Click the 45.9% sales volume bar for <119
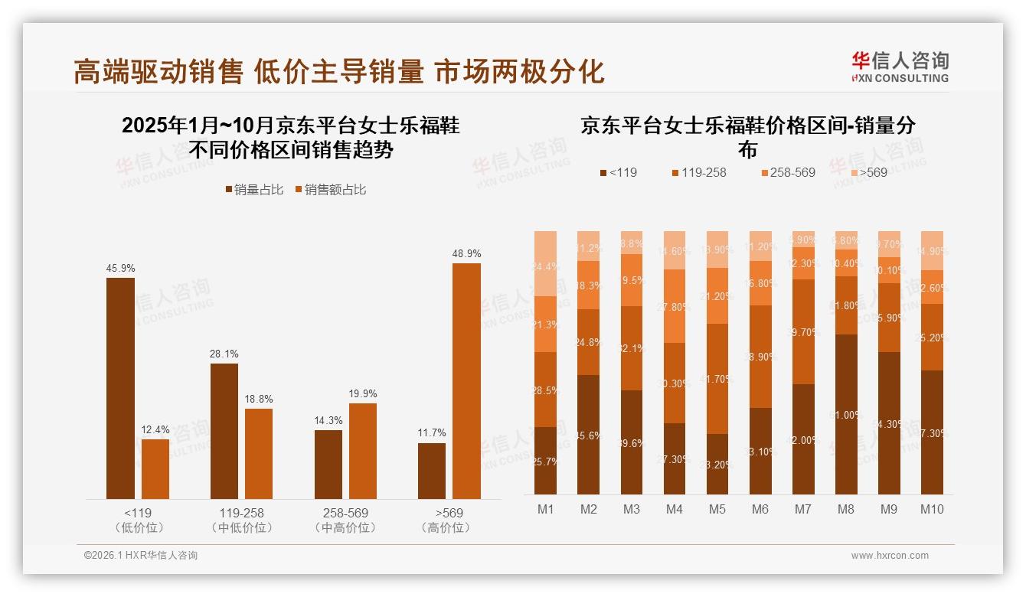120,388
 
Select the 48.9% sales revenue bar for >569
466,381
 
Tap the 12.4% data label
155,429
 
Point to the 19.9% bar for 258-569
363,451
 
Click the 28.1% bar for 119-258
224,431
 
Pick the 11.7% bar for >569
432,471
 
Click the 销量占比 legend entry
254,190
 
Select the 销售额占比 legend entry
330,190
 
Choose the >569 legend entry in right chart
867,172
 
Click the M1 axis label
545,509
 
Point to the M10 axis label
932,509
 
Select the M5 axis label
717,509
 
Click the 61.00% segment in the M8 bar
846,414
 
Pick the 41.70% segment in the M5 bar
717,379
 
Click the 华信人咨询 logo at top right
900,67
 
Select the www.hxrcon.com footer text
889,556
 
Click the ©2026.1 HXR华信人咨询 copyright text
141,556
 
